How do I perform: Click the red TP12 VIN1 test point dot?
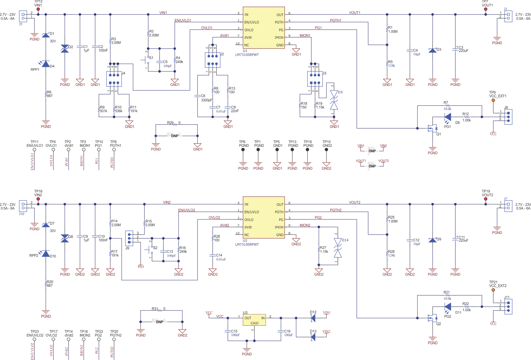click(x=38, y=9)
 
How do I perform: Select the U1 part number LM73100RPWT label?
click(x=247, y=55)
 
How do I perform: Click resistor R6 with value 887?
click(x=46, y=94)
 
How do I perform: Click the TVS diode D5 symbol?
click(x=334, y=100)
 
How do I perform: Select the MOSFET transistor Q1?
click(x=432, y=128)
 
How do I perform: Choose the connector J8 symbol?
click(x=508, y=117)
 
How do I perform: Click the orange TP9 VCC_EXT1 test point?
click(x=493, y=100)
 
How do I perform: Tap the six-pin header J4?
click(x=114, y=79)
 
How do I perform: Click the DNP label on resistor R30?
click(x=175, y=136)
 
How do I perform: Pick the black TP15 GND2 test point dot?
click(x=327, y=150)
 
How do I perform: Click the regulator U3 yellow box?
click(x=254, y=320)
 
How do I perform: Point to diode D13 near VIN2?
click(x=313, y=337)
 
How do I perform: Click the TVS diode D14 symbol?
click(x=338, y=248)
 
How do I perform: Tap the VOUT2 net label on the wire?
click(x=355, y=202)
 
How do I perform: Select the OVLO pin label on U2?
click(x=249, y=220)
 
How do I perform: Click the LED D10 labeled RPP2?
click(x=45, y=253)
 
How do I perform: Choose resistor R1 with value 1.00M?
click(x=387, y=30)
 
